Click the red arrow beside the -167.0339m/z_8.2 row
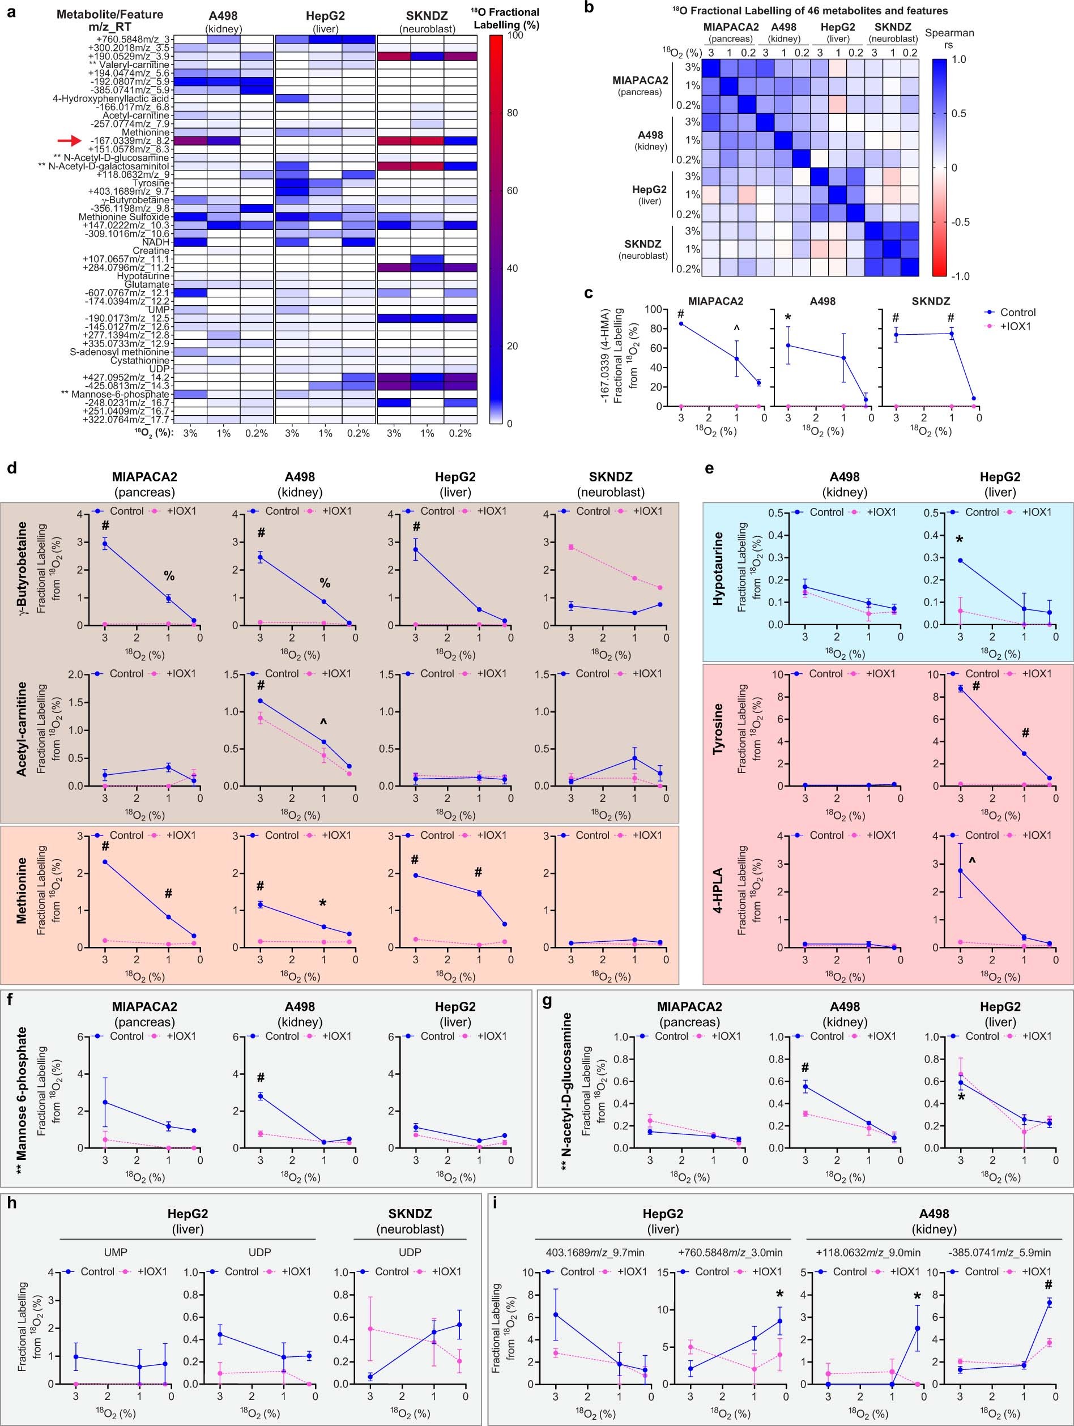(x=69, y=140)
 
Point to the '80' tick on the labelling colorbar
(x=512, y=113)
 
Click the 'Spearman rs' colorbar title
(x=949, y=39)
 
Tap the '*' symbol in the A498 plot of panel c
(x=788, y=317)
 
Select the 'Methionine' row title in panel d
(x=22, y=890)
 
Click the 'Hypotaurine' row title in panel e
(x=717, y=569)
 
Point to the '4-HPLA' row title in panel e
(x=717, y=891)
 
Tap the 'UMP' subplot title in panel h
(x=116, y=1252)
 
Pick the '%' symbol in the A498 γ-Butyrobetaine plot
(x=325, y=583)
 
